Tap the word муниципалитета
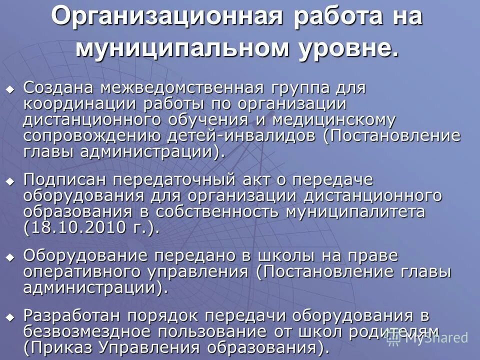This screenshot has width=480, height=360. pyautogui.click(x=355, y=211)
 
